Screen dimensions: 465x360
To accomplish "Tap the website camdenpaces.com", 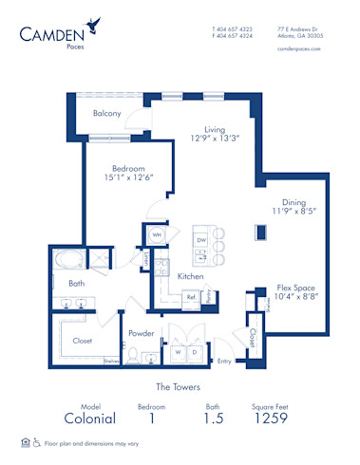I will click(x=299, y=50).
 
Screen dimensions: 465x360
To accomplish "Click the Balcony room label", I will click(x=106, y=114).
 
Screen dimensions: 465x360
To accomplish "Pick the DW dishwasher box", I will click(x=200, y=241).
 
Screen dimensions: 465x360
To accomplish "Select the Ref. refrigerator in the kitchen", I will click(x=190, y=297).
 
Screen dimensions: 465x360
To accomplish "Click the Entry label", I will click(x=224, y=361).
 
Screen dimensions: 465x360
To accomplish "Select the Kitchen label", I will click(x=191, y=275).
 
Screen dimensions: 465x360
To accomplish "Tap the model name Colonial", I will click(x=90, y=418).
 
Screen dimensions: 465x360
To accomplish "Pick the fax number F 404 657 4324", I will click(x=232, y=36).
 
